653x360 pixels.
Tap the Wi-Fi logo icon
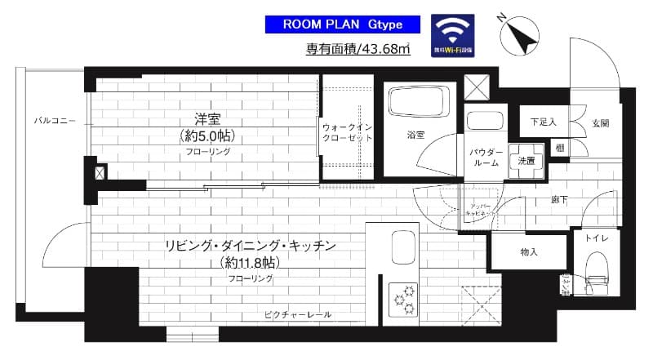click(x=454, y=34)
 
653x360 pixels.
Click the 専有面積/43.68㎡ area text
click(x=358, y=51)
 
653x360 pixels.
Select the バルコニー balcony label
click(x=55, y=121)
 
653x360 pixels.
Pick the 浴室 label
click(x=415, y=135)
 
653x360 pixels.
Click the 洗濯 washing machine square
click(x=526, y=161)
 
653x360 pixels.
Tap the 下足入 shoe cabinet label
click(x=543, y=122)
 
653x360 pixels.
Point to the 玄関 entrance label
click(x=600, y=122)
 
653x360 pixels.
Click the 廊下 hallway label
click(x=560, y=198)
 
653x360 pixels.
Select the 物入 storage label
click(x=528, y=252)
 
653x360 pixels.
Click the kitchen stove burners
click(x=402, y=297)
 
